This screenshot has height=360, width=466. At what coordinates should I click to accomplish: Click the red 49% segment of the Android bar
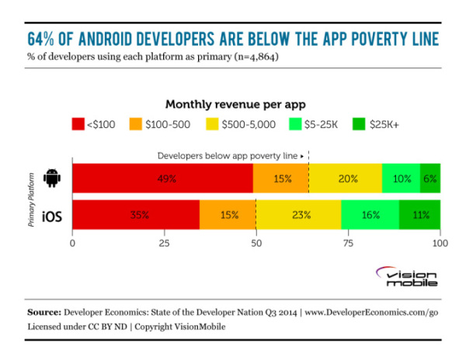point(162,178)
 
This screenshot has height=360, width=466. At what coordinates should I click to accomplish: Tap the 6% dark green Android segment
point(430,178)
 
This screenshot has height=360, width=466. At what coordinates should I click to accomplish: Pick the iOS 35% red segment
point(136,214)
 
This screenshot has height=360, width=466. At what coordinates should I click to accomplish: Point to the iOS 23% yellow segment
point(298,214)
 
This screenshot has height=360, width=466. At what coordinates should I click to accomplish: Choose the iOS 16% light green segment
point(370,214)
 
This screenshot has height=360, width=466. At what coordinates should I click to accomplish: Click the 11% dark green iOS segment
point(419,214)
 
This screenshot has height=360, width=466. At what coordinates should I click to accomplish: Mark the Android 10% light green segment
point(401,178)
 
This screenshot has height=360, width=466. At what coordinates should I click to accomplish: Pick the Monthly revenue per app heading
point(233,103)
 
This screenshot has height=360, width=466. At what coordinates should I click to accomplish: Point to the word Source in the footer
point(45,312)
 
